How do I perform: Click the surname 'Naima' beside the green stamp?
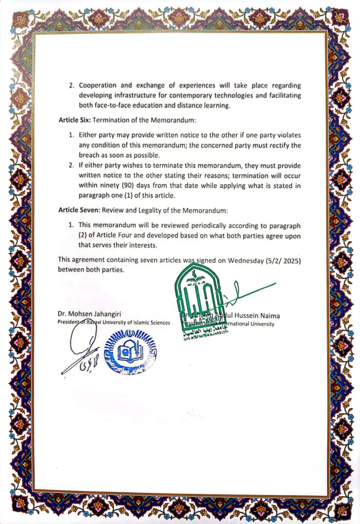tap(267, 316)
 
